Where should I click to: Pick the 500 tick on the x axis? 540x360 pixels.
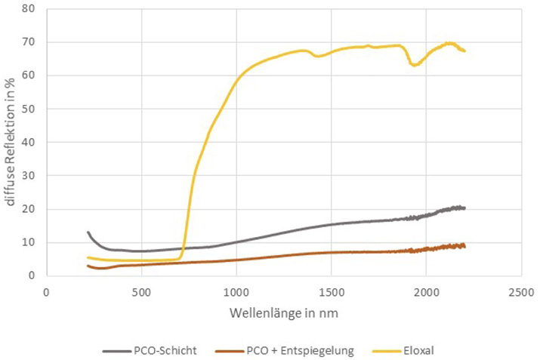coord(140,291)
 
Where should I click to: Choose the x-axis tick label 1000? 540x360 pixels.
coord(236,291)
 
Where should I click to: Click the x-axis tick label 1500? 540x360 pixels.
coord(331,291)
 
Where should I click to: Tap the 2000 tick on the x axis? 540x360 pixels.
coord(426,291)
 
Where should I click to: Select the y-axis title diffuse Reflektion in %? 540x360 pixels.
coord(11,142)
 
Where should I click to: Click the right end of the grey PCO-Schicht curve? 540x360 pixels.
coord(464,208)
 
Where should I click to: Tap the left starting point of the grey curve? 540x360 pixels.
coord(88,232)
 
